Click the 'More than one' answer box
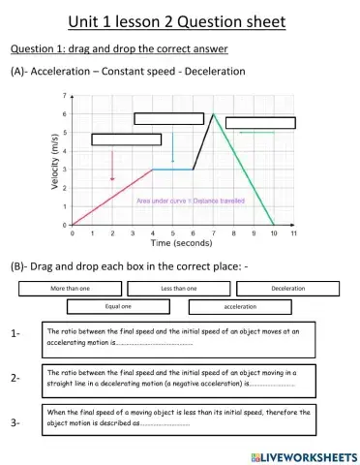click(x=70, y=289)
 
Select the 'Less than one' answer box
click(x=178, y=289)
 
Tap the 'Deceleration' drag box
click(x=287, y=289)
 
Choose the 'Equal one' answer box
click(x=118, y=306)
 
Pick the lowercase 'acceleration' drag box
click(x=240, y=306)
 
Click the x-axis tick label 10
click(x=273, y=233)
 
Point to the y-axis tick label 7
click(x=64, y=97)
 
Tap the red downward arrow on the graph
click(x=112, y=165)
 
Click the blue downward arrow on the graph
click(x=172, y=146)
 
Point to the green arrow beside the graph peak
click(x=256, y=133)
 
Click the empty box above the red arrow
click(x=126, y=139)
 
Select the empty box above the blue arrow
click(x=168, y=119)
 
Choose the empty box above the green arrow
click(x=260, y=122)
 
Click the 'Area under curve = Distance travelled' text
click(x=191, y=201)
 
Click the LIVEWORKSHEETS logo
click(x=302, y=454)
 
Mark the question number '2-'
click(x=15, y=378)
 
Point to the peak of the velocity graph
click(x=213, y=114)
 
